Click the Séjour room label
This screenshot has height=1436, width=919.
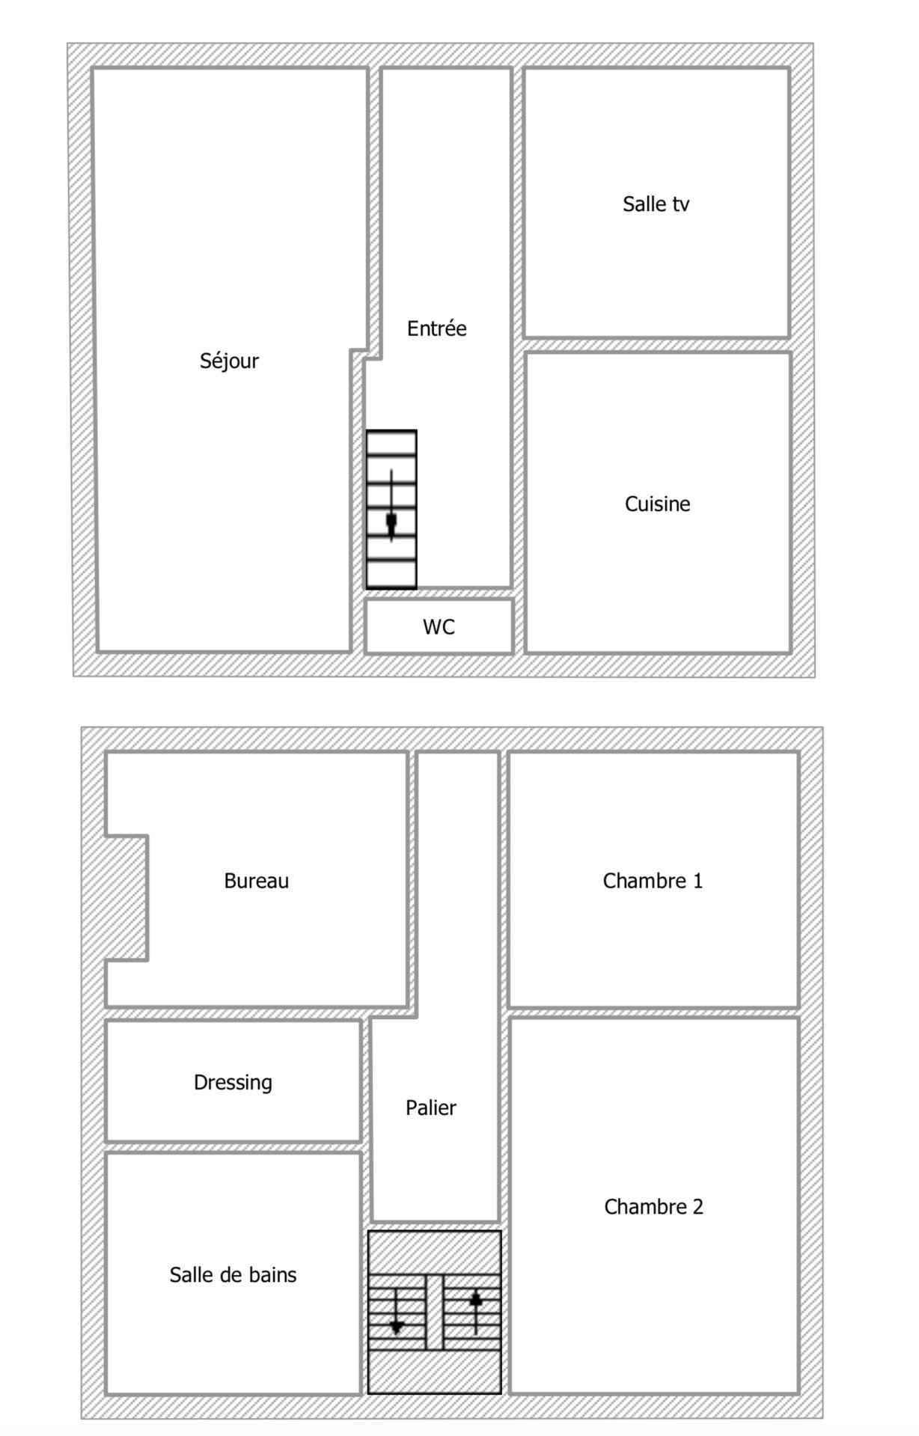tap(229, 361)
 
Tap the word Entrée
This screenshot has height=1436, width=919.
tap(437, 329)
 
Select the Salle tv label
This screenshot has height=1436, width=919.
tap(656, 204)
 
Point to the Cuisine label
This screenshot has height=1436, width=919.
tap(657, 504)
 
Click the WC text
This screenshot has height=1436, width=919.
tap(439, 627)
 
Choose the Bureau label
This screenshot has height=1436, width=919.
tap(256, 881)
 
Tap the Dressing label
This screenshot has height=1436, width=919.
tap(233, 1083)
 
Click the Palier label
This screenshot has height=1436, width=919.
tap(430, 1107)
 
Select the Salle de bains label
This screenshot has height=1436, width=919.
tap(233, 1274)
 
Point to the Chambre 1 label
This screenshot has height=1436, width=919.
tap(653, 881)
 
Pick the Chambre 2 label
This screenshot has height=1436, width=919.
tap(653, 1206)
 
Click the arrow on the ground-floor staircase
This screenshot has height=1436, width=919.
tap(391, 506)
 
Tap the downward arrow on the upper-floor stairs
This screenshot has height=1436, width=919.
tap(397, 1312)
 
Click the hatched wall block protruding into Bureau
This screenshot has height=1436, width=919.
tap(126, 897)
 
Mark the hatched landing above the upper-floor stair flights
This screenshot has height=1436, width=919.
tap(434, 1253)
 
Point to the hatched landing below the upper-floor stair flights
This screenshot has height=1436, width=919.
tap(434, 1372)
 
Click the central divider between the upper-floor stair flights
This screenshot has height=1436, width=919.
tap(435, 1313)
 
